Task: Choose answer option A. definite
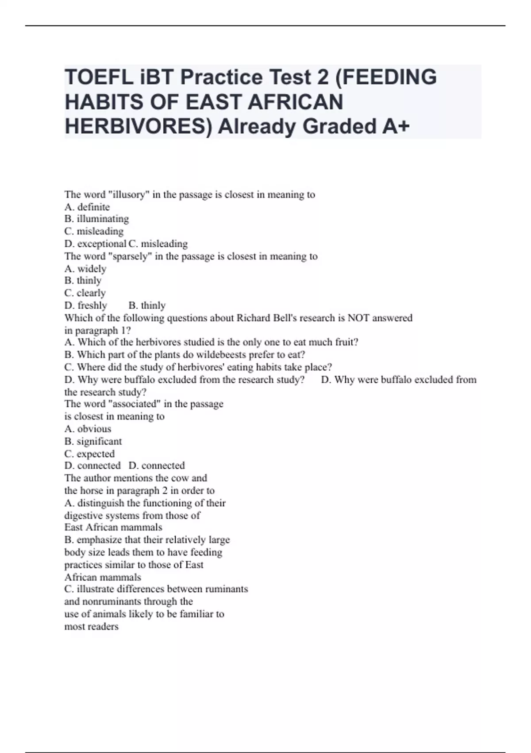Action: (x=87, y=207)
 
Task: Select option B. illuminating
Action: (x=96, y=219)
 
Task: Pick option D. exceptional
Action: (x=95, y=244)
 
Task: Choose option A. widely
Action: (x=85, y=268)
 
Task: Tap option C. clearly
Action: (x=85, y=293)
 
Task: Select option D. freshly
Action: (x=86, y=305)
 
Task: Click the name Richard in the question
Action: (x=254, y=318)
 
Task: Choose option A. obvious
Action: (x=88, y=429)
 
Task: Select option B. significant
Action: (x=93, y=441)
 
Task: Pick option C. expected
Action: (x=89, y=454)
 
